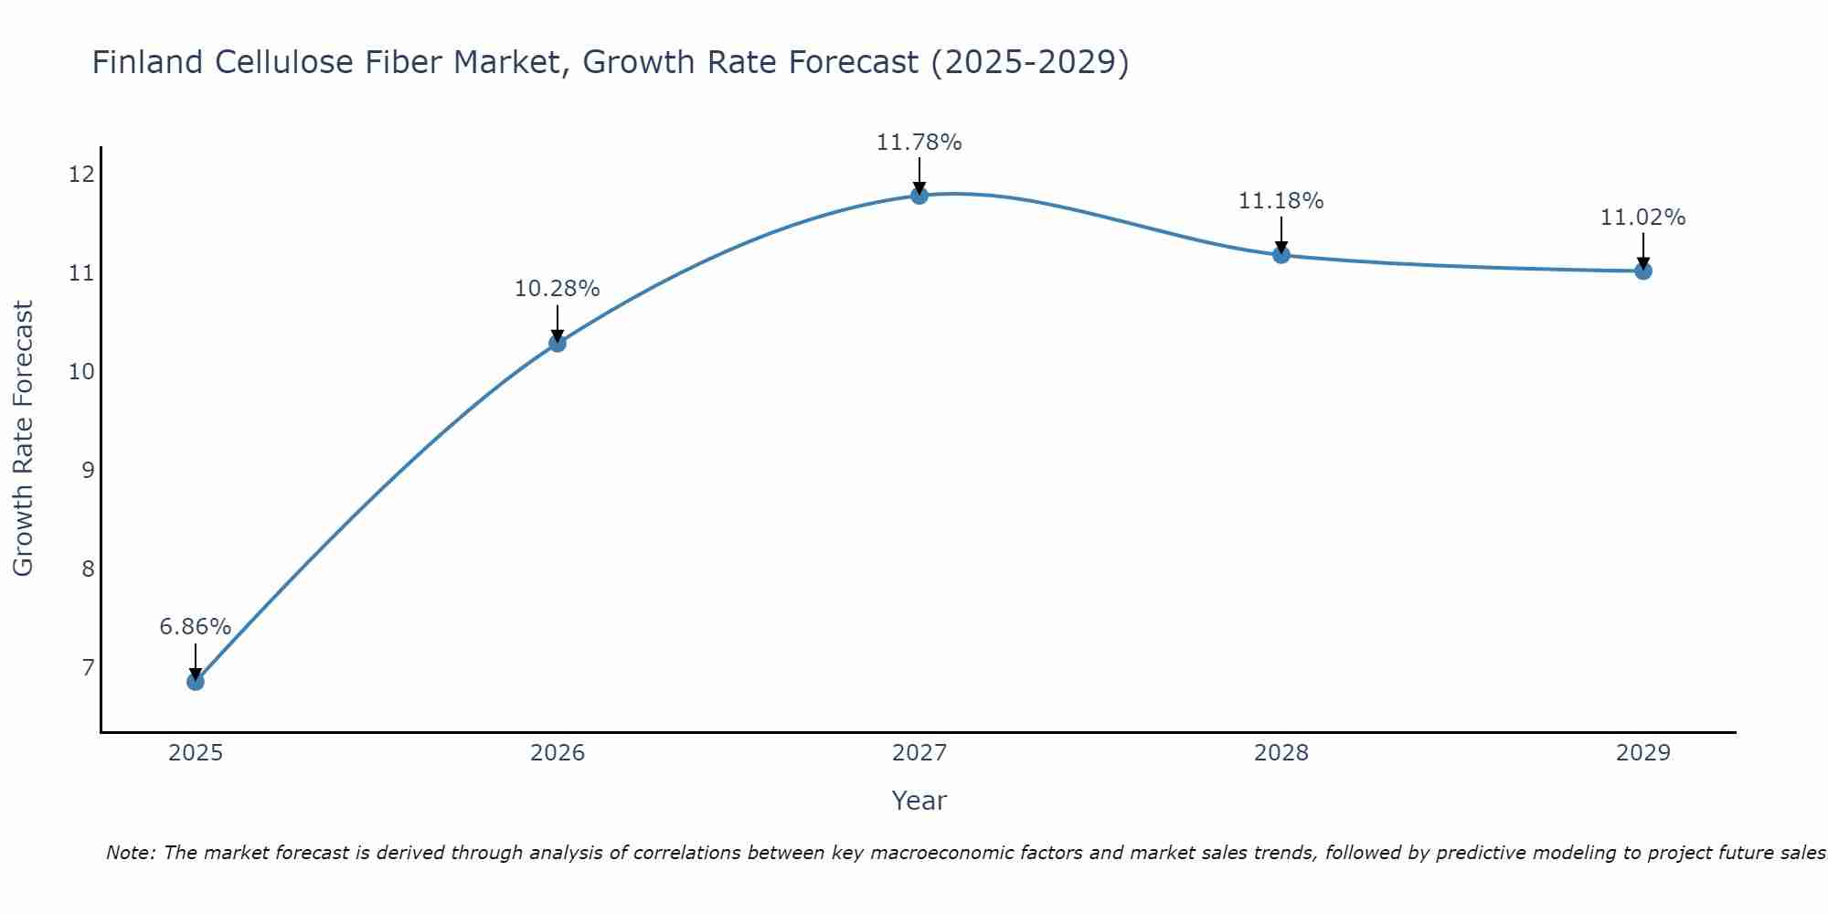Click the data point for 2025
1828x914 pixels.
[196, 681]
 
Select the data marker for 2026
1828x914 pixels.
[558, 344]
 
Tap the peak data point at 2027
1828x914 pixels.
[919, 195]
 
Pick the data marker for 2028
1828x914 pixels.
[1281, 255]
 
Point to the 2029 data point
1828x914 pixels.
[1643, 271]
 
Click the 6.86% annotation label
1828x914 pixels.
[196, 627]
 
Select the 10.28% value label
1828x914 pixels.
[558, 289]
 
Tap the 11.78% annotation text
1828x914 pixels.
[919, 143]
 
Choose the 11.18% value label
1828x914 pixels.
[1281, 201]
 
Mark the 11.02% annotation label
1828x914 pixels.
[1643, 218]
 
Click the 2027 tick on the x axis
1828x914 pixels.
[919, 753]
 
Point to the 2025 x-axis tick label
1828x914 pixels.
[196, 753]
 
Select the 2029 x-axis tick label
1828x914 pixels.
[1643, 753]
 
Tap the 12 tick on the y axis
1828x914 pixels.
[82, 174]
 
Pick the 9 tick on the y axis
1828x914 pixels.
[88, 470]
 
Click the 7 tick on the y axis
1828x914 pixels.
[88, 667]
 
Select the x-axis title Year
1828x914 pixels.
[919, 801]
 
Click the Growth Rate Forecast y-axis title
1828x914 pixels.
[23, 439]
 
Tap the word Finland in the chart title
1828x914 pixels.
[147, 62]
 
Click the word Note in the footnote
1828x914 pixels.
[131, 853]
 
